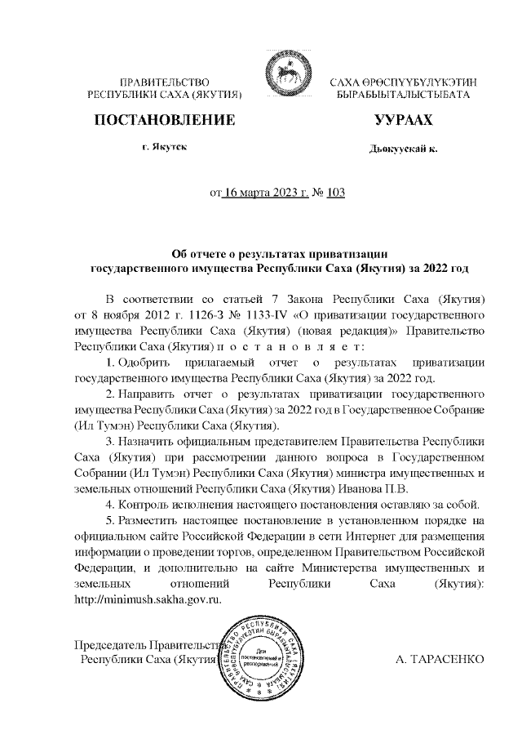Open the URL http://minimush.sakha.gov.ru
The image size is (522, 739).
(x=148, y=597)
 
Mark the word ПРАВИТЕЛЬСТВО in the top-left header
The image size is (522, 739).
(x=166, y=82)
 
